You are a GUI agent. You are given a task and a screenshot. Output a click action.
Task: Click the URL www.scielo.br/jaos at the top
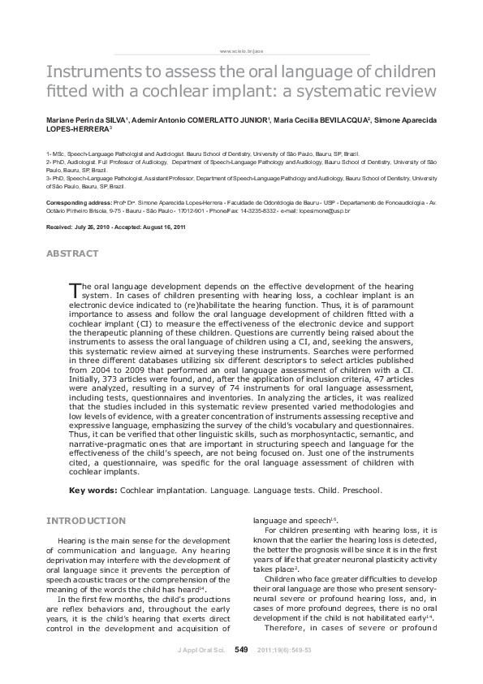241,51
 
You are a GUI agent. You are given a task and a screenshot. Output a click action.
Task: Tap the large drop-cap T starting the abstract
75,288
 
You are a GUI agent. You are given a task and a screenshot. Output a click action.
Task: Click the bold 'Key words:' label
93,491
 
